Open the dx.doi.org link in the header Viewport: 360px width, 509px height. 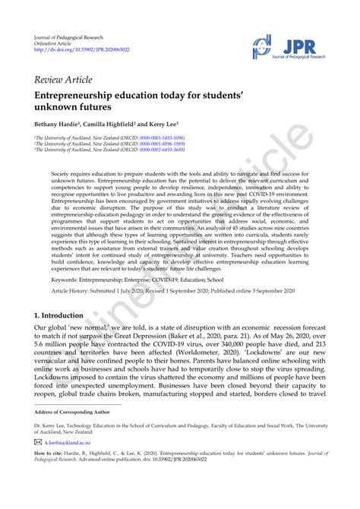pos(77,50)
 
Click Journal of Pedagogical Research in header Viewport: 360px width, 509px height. pos(69,36)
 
